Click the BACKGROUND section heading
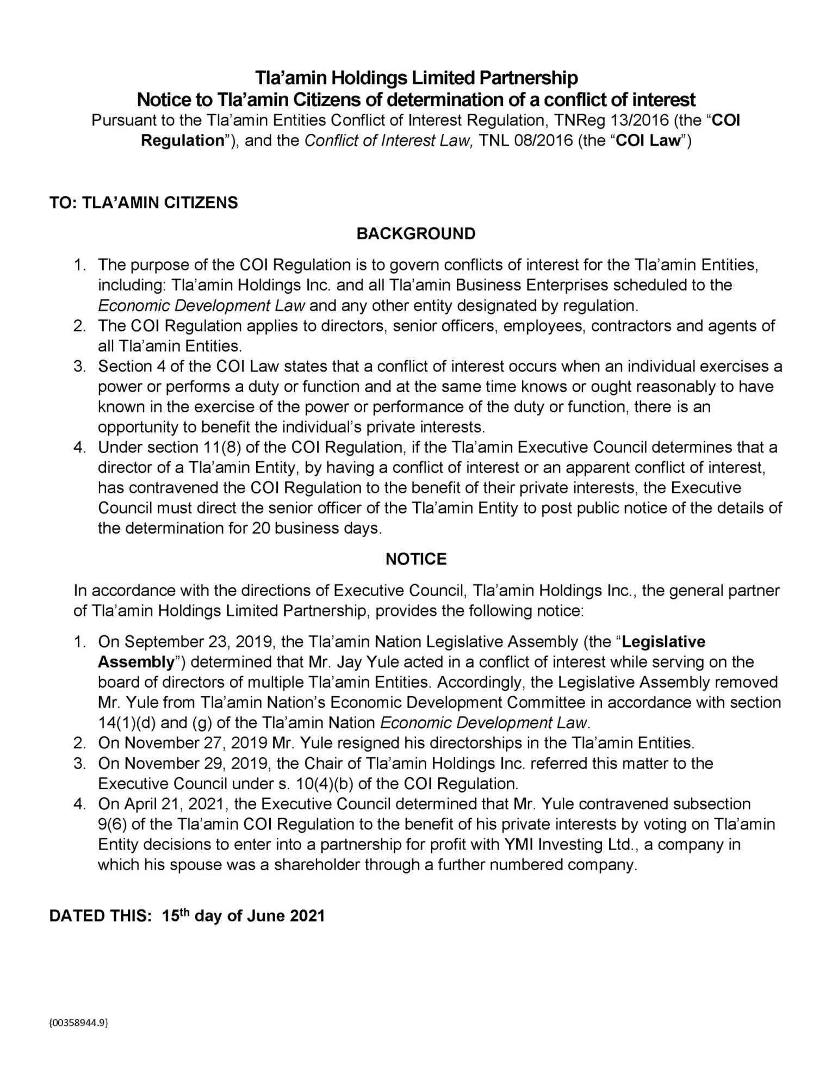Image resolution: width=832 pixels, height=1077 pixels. (415, 234)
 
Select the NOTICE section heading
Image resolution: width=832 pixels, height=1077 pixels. (415, 559)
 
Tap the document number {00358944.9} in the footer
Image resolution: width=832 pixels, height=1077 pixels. (79, 1023)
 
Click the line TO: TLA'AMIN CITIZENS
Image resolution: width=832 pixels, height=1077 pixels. (144, 203)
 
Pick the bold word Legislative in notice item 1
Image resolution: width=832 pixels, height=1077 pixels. (663, 642)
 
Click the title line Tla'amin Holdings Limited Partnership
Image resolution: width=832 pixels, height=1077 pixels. (416, 78)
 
